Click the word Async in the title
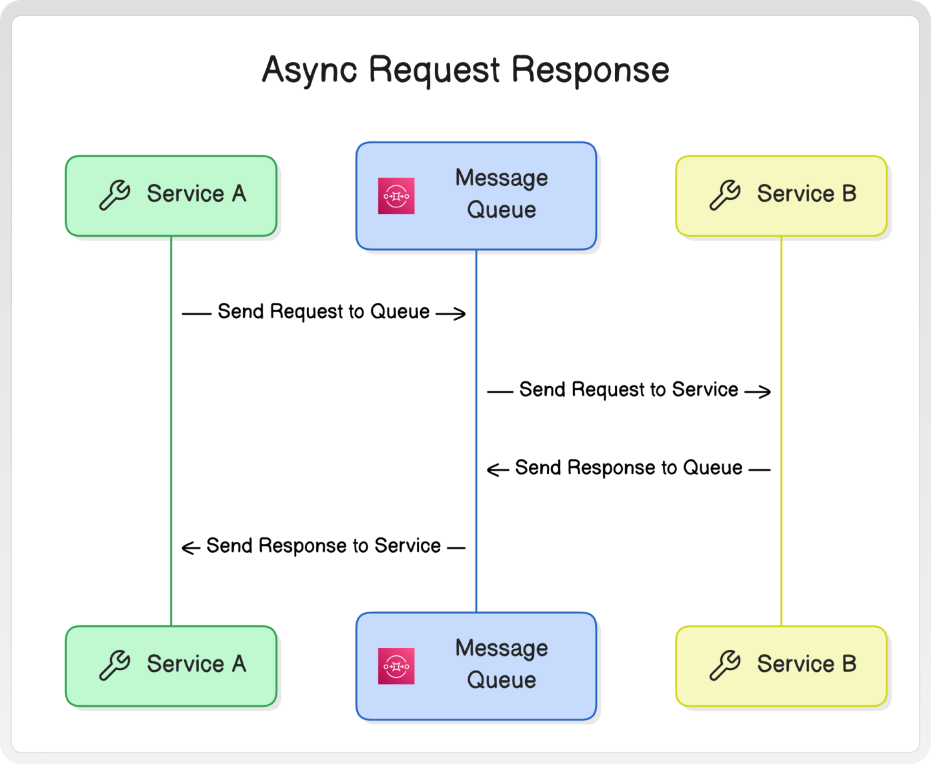pos(309,70)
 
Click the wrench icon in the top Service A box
pos(115,195)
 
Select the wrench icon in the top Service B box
pos(725,195)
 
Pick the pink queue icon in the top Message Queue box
pos(396,196)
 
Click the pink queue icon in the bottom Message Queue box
pos(396,666)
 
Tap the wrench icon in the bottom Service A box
pos(115,665)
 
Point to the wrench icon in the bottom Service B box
pos(725,665)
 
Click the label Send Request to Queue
pos(323,311)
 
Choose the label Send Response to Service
pos(323,546)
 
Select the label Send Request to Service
pos(629,390)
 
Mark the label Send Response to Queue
pos(629,468)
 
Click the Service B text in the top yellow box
pos(806,194)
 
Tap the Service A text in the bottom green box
pos(197,664)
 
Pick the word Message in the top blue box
pos(502,179)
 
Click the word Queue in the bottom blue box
pos(502,680)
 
